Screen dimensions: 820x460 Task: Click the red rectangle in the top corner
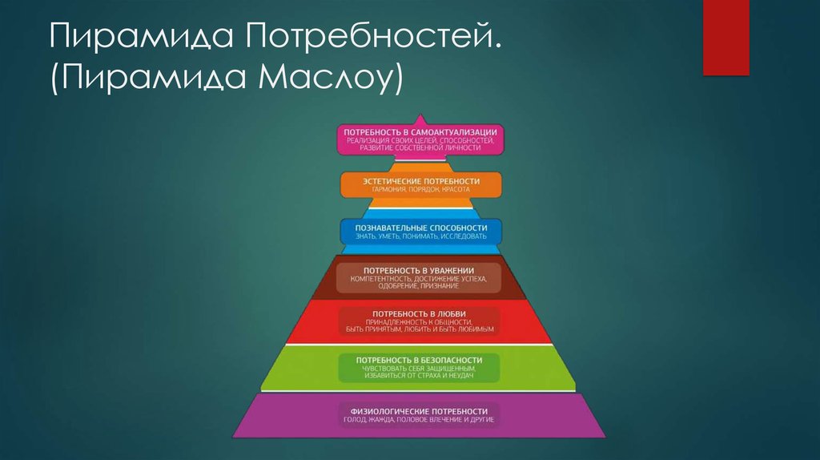pyautogui.click(x=726, y=38)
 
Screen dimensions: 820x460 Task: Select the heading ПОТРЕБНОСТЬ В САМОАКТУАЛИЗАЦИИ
pyautogui.click(x=420, y=132)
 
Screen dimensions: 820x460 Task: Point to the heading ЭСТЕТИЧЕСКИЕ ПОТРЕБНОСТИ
pyautogui.click(x=421, y=181)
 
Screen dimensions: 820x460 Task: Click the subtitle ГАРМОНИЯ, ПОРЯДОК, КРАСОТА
pyautogui.click(x=421, y=189)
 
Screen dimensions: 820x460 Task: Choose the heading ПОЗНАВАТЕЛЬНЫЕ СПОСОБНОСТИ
pyautogui.click(x=421, y=228)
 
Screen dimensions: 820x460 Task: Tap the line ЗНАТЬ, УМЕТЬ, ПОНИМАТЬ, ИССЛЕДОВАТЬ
pyautogui.click(x=421, y=236)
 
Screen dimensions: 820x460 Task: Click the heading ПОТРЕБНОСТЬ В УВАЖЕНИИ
pyautogui.click(x=418, y=271)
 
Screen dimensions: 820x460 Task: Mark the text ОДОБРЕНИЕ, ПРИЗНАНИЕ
pyautogui.click(x=418, y=286)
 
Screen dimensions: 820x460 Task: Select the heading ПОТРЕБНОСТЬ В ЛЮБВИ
pyautogui.click(x=419, y=314)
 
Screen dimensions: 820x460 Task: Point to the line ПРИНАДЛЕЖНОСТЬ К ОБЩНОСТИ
pyautogui.click(x=419, y=322)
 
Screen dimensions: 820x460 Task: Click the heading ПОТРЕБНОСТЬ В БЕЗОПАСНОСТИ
pyautogui.click(x=419, y=360)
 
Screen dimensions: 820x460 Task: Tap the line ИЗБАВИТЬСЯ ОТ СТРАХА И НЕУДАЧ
pyautogui.click(x=419, y=376)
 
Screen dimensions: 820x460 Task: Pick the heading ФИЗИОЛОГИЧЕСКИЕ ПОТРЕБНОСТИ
pyautogui.click(x=419, y=411)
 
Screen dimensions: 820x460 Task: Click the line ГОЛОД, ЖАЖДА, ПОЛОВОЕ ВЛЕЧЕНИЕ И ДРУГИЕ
pyautogui.click(x=419, y=420)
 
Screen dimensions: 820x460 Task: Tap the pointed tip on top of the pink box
pyautogui.click(x=420, y=115)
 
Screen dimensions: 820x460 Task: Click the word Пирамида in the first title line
pyautogui.click(x=141, y=36)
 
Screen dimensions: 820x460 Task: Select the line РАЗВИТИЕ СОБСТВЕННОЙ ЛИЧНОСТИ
pyautogui.click(x=420, y=148)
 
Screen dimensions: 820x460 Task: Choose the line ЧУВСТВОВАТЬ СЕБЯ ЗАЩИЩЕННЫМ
pyautogui.click(x=419, y=369)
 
